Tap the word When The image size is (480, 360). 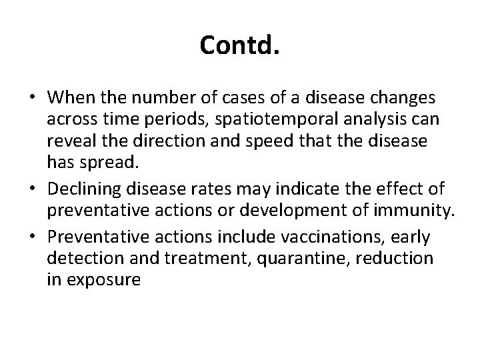[x=70, y=98]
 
